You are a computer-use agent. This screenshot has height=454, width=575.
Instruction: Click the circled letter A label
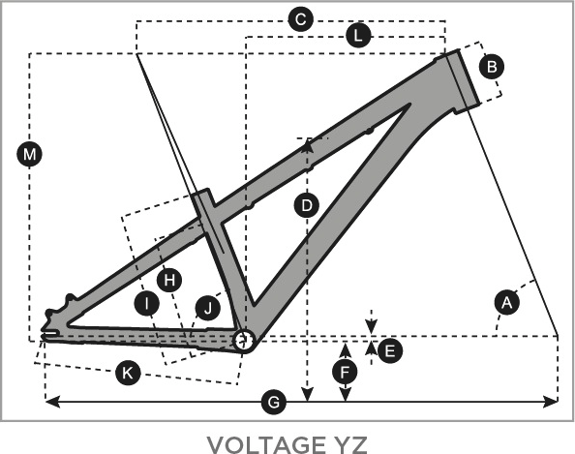pos(507,303)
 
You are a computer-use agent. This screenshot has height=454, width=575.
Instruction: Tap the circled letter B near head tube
pos(492,67)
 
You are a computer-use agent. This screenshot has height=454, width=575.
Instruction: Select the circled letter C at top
pos(301,19)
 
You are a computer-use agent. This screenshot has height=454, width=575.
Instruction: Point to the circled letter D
pos(307,205)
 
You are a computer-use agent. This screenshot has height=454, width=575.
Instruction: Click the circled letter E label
pos(390,351)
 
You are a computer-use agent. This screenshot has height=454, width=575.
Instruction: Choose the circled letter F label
pos(345,373)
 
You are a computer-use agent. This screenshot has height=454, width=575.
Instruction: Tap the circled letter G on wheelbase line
pos(274,403)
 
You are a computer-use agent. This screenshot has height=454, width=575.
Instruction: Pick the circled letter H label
pos(169,280)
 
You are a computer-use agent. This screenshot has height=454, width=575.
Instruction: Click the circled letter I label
pos(147,304)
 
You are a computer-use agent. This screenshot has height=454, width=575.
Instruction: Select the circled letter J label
pos(208,308)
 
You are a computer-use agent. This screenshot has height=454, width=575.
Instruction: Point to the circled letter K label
pos(128,373)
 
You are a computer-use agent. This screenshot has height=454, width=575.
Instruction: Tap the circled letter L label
pos(358,36)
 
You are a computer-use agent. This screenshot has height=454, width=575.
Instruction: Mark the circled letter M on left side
pos(29,154)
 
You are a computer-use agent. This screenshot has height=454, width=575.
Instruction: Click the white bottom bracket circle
pos(244,341)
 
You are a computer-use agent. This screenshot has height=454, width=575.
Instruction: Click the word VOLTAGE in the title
pos(266,444)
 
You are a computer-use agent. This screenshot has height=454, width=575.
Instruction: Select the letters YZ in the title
pos(350,444)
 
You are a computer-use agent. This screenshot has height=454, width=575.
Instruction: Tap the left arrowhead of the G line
pos(52,402)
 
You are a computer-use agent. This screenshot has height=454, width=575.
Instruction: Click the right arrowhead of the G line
pos(551,402)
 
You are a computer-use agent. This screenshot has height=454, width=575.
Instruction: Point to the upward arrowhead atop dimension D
pos(307,145)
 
